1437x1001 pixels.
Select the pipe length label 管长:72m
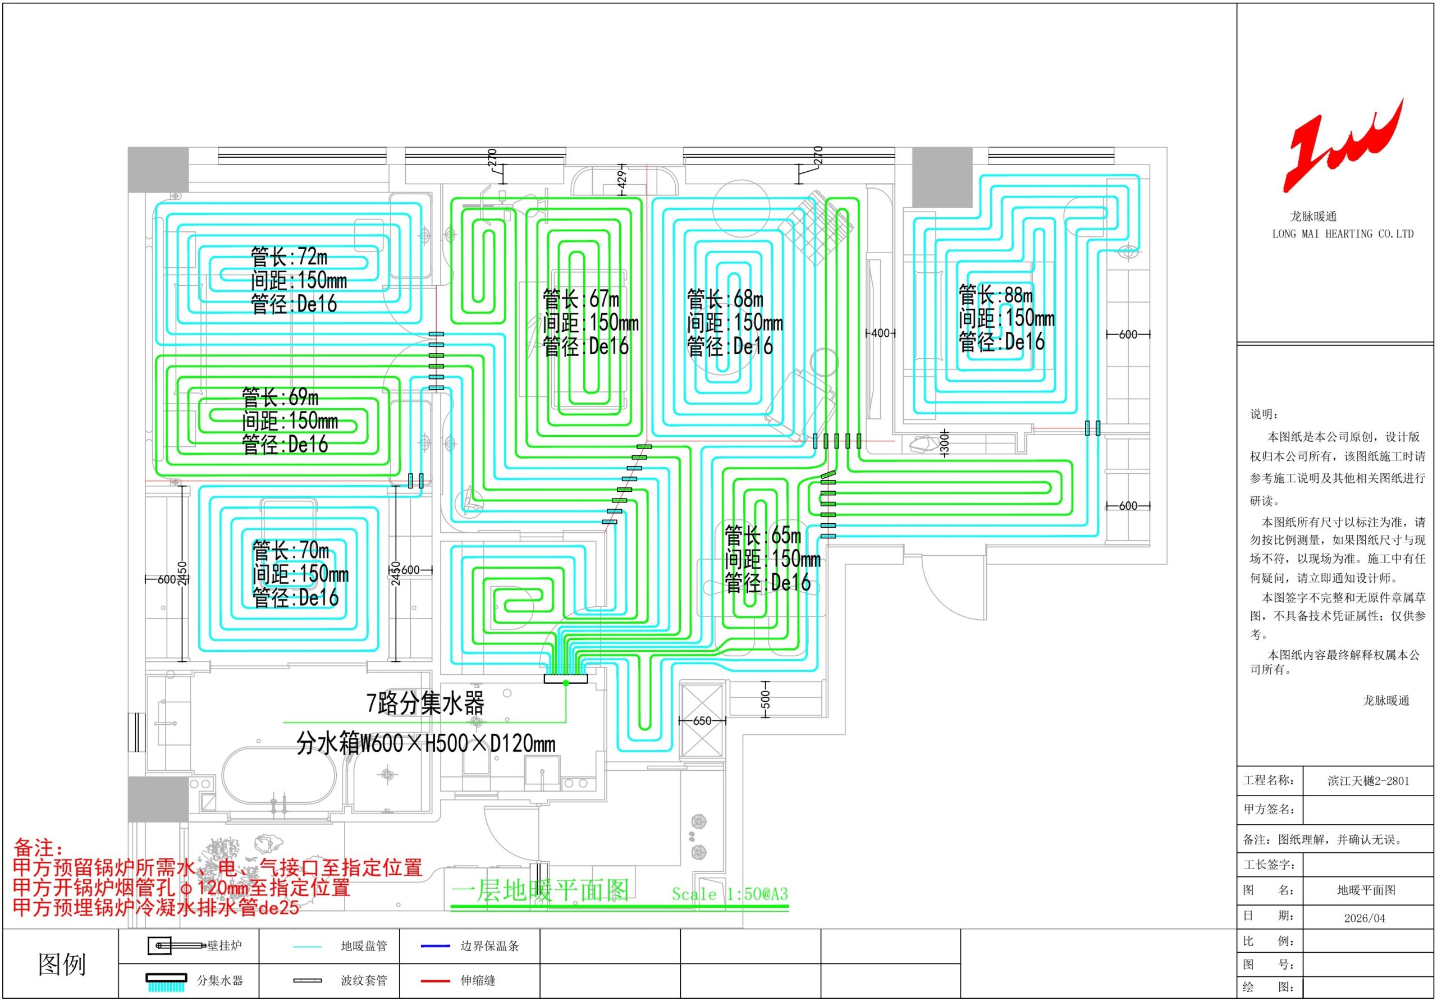coord(289,257)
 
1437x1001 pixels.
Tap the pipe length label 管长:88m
coord(996,295)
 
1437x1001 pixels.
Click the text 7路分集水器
coord(425,703)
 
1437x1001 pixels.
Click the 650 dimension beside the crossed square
coord(702,720)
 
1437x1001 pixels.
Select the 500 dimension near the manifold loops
coord(765,700)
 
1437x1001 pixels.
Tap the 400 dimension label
coord(880,333)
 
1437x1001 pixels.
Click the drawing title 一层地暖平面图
coord(540,890)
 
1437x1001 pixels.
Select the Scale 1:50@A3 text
coord(730,894)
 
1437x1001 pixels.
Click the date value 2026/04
coord(1365,918)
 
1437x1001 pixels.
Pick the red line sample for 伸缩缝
coord(435,981)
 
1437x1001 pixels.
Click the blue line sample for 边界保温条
coord(435,946)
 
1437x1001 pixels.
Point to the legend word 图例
coord(61,965)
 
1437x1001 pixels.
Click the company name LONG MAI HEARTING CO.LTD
coord(1343,234)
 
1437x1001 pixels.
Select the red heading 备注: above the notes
coord(39,848)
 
